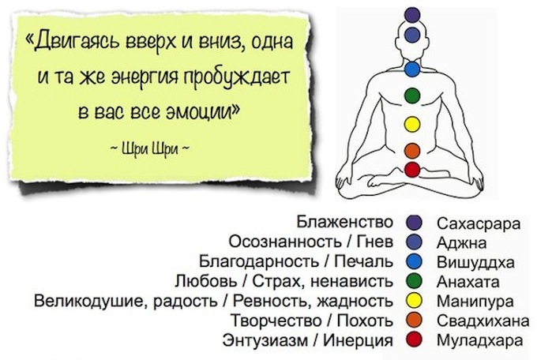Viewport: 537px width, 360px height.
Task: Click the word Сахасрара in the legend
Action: click(479, 223)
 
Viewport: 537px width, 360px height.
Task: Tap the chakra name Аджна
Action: click(461, 243)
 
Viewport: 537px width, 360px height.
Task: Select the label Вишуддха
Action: click(475, 262)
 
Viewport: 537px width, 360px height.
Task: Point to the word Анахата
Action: click(468, 282)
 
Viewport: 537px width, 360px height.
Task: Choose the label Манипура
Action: click(475, 302)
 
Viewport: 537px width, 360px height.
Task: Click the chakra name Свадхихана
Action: click(483, 321)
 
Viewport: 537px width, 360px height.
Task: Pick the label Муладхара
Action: click(480, 340)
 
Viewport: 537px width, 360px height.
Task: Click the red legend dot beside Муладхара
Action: click(414, 340)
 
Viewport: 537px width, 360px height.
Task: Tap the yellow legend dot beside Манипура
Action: click(414, 301)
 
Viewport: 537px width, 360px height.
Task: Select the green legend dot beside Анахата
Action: click(414, 282)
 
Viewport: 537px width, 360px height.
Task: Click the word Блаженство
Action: click(344, 222)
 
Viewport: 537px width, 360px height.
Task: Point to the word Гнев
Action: click(375, 242)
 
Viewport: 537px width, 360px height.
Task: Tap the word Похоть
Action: click(365, 321)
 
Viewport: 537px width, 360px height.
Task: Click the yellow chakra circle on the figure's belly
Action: click(412, 124)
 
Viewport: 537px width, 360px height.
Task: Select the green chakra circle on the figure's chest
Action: click(412, 96)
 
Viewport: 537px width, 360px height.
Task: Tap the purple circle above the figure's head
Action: click(412, 14)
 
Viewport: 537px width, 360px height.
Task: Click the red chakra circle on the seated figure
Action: click(412, 170)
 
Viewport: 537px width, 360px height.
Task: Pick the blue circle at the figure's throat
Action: click(412, 69)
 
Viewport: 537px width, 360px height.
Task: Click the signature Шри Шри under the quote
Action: click(150, 149)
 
